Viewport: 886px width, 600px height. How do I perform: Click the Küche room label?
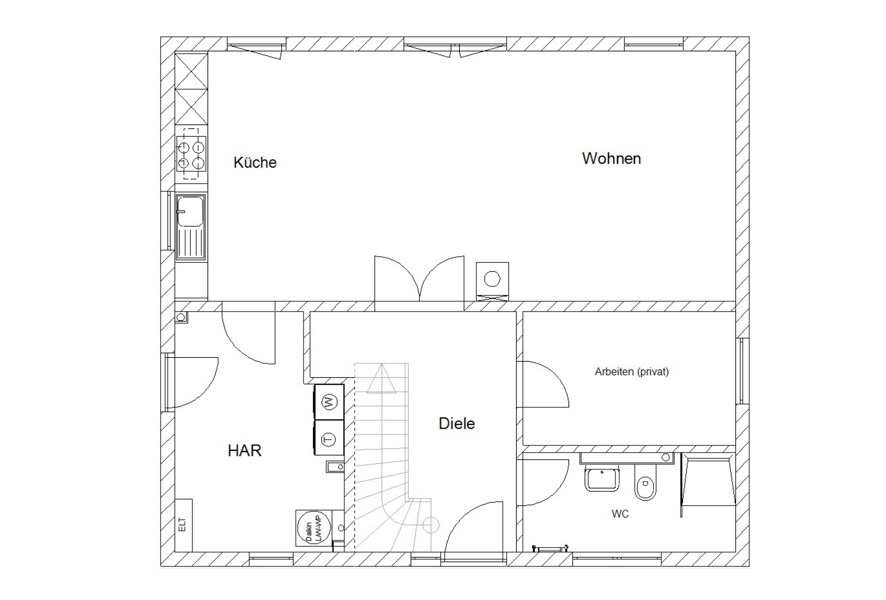click(x=255, y=162)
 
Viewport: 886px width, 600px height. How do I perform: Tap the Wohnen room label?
click(x=611, y=159)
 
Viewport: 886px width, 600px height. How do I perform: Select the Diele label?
click(x=456, y=424)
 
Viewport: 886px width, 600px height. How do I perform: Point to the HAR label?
click(x=244, y=450)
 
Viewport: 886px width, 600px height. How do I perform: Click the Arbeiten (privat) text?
click(x=632, y=372)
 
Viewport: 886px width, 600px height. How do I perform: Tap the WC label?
click(x=620, y=513)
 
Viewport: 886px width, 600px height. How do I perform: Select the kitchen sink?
click(x=191, y=227)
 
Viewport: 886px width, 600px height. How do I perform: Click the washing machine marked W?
click(x=329, y=402)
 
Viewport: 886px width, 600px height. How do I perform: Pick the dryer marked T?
click(x=329, y=438)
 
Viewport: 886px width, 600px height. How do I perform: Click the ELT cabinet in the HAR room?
click(x=184, y=525)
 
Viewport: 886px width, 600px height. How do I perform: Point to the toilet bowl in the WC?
click(x=645, y=482)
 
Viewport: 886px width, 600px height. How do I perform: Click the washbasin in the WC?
click(x=602, y=478)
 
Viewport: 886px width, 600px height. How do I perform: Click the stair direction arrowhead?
click(x=381, y=379)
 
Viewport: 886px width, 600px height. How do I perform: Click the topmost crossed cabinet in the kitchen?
click(x=191, y=71)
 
